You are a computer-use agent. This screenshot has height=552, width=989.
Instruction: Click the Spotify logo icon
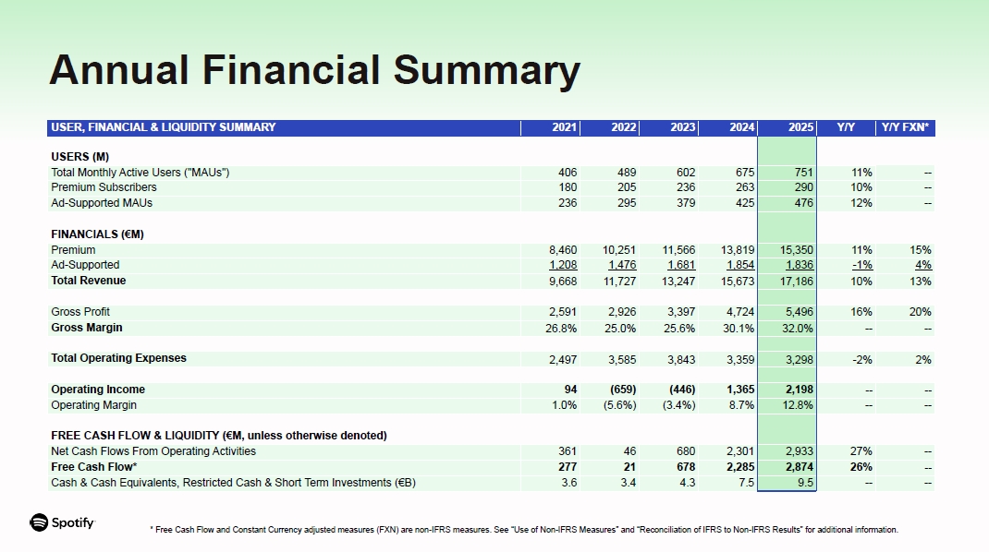(39, 522)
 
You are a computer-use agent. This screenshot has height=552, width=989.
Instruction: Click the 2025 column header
(800, 127)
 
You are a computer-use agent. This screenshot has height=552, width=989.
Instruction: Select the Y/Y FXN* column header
(906, 127)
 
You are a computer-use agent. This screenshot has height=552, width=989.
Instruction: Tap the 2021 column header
(564, 127)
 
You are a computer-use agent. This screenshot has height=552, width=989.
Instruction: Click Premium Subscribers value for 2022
(624, 187)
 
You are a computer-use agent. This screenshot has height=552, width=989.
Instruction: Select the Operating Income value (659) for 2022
(622, 390)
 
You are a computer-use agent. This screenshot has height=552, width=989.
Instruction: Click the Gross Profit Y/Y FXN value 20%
(920, 312)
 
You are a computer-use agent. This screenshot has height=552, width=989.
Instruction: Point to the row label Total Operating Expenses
(118, 358)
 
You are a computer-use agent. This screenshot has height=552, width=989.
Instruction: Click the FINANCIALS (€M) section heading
(97, 234)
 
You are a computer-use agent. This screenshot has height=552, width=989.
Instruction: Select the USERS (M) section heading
(80, 157)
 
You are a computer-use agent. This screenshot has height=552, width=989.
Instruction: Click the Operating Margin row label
(93, 405)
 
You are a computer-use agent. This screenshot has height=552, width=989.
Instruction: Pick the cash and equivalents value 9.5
(805, 483)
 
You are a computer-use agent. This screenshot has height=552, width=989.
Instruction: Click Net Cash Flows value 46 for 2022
(629, 451)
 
